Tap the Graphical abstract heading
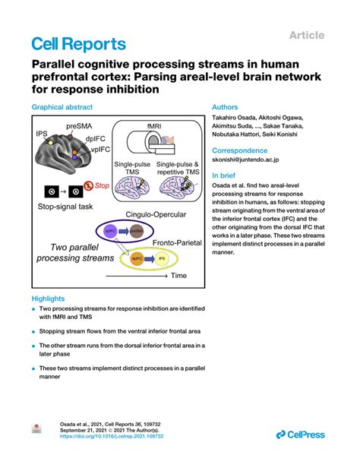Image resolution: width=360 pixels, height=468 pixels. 65,108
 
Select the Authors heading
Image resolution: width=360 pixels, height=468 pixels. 226,108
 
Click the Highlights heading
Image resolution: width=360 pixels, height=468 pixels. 48,299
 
